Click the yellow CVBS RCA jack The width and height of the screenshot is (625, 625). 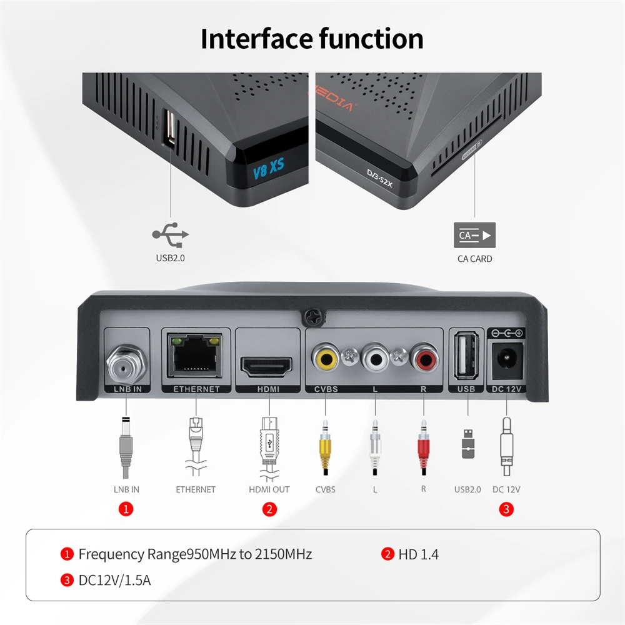[326, 359]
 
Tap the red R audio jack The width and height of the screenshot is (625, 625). [423, 359]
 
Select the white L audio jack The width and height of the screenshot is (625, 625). [375, 359]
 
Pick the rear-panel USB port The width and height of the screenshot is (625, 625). [466, 357]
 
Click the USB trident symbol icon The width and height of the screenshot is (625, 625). [171, 236]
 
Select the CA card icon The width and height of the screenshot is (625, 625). [474, 236]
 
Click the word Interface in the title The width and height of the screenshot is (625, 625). [256, 38]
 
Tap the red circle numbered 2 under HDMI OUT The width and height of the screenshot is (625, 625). [269, 509]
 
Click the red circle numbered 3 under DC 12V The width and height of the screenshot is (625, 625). [507, 509]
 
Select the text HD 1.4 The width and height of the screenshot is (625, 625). [418, 554]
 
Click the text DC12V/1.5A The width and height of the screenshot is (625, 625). [114, 580]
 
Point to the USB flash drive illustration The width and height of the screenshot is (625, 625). [467, 444]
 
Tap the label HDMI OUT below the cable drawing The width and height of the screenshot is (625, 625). [269, 489]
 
